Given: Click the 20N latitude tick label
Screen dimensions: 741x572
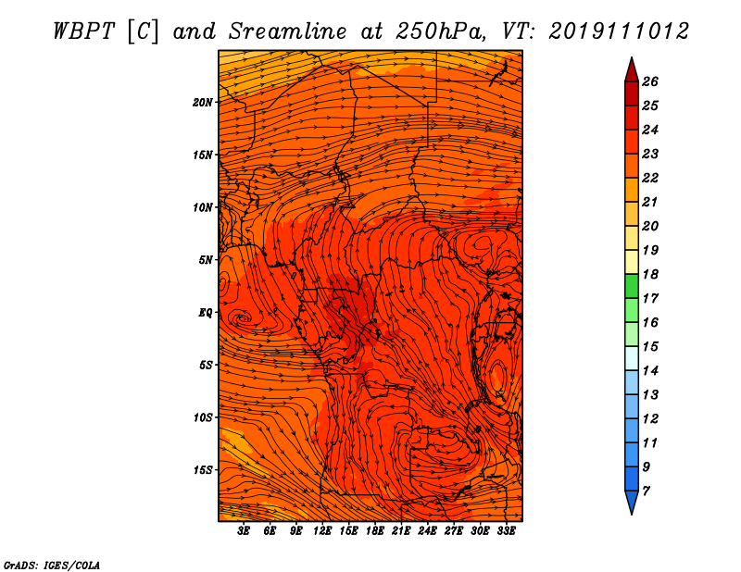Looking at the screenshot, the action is pos(202,103).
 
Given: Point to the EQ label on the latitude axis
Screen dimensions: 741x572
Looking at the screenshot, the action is pos(205,313).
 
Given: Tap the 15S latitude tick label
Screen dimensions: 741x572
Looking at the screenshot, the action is pos(203,470).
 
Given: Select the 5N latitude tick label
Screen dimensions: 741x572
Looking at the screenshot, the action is pos(206,260).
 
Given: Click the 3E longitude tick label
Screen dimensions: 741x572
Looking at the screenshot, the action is pos(244,531).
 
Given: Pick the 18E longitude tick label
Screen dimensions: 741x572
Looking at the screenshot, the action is pos(375,531).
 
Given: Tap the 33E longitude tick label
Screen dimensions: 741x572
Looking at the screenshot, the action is pos(506,531).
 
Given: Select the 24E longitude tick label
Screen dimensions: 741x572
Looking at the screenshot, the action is pos(427,531).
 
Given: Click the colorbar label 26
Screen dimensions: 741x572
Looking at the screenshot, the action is pos(650,81).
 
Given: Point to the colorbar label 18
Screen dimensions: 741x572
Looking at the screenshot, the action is pos(650,274).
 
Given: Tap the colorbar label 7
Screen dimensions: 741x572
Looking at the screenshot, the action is pos(646,491).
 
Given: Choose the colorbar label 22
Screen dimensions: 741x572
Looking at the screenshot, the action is pos(650,178).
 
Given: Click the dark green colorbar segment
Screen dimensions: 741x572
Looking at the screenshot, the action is pos(632,286).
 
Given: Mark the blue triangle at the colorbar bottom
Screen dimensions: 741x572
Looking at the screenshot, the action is pos(632,501).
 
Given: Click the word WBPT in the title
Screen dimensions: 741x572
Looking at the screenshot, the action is pos(84,31).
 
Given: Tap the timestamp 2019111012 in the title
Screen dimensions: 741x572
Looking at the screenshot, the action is pos(619,31).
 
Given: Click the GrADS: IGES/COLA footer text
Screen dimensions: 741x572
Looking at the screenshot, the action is pos(52,566).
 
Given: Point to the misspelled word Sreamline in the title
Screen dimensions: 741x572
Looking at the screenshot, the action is pos(288,31).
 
